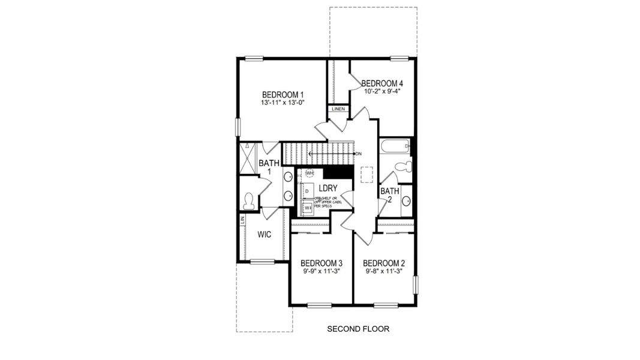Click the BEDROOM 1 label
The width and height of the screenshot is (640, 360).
click(283, 95)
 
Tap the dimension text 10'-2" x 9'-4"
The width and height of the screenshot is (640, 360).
click(381, 92)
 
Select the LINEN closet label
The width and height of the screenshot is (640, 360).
click(338, 109)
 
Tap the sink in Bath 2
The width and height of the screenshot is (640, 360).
click(406, 201)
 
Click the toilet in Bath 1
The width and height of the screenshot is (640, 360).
click(249, 199)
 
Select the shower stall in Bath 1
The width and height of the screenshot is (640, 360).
click(248, 158)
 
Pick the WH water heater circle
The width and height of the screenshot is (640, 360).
click(310, 173)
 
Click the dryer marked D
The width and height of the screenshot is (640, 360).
click(307, 191)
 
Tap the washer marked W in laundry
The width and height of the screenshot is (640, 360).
click(307, 208)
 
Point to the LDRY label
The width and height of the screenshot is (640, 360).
click(328, 188)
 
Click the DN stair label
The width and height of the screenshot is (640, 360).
click(359, 154)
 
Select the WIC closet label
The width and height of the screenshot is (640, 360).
click(265, 235)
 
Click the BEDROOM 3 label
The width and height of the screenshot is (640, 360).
click(321, 263)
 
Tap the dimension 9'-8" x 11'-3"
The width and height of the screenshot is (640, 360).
click(384, 271)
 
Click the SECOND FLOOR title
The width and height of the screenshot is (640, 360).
click(358, 329)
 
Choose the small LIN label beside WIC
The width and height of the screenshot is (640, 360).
click(242, 220)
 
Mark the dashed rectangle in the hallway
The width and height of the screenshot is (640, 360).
click(366, 173)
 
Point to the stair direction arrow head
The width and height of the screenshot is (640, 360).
click(311, 154)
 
